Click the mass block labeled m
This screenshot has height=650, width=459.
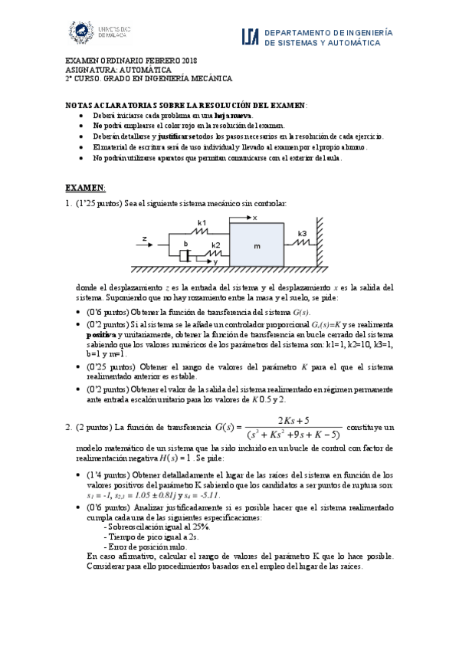coord(257,245)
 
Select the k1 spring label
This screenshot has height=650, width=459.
coord(202,222)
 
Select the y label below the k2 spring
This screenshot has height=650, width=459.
coord(215,262)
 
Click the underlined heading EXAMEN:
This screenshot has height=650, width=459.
coord(84,187)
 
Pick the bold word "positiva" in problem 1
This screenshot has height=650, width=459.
coord(101,335)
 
